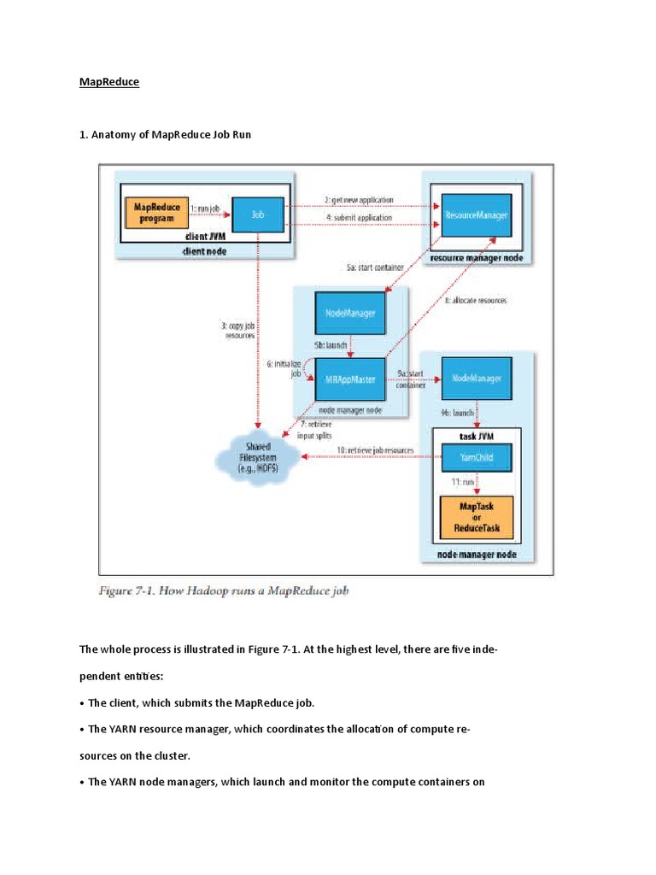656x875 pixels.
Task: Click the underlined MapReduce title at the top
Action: [x=108, y=82]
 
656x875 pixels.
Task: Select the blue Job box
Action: [x=258, y=217]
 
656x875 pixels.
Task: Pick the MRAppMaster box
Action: [x=347, y=378]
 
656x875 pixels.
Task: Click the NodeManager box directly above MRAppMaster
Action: [x=347, y=314]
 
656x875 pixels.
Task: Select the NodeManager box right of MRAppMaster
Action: [x=476, y=378]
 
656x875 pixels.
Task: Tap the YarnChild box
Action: [x=476, y=458]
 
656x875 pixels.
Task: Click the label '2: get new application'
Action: [x=358, y=199]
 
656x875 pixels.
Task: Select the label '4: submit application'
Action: [x=358, y=218]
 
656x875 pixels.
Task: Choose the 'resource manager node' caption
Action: [x=475, y=257]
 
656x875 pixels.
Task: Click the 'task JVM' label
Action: [x=475, y=435]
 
